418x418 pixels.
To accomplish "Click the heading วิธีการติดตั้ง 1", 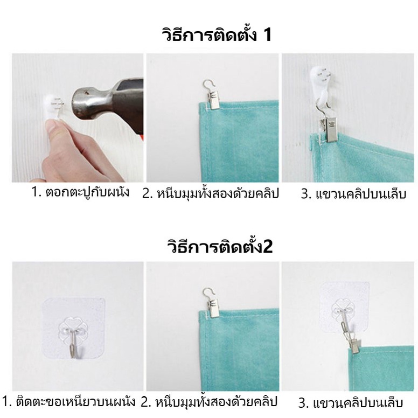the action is (x=217, y=34).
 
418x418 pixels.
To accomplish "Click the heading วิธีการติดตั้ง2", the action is (x=220, y=246).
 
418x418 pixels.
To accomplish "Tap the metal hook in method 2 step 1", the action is (x=73, y=344).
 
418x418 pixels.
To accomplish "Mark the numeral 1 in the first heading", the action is (x=267, y=34).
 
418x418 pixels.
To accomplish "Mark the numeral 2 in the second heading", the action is (x=268, y=246).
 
